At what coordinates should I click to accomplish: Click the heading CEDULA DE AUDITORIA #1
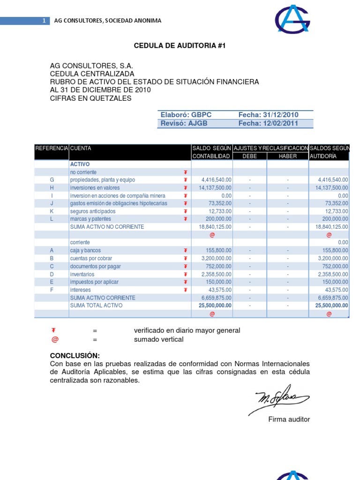tap(176, 45)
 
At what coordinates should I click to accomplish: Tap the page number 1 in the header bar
tap(44, 21)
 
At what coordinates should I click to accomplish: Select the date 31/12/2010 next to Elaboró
tap(281, 115)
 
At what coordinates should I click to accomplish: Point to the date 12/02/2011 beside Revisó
tap(281, 123)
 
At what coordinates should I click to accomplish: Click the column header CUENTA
tap(81, 148)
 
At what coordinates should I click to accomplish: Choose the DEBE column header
tap(249, 156)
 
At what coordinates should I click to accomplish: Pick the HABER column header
tap(287, 156)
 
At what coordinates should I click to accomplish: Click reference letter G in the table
tap(52, 180)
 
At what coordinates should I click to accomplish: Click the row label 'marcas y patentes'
tap(90, 219)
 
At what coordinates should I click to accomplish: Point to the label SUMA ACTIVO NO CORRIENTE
tap(107, 227)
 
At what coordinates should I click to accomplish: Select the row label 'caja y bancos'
tap(85, 251)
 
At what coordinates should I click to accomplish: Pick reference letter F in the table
tap(52, 290)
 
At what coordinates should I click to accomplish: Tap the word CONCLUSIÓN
tap(75, 356)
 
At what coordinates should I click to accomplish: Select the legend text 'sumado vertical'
tap(158, 339)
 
